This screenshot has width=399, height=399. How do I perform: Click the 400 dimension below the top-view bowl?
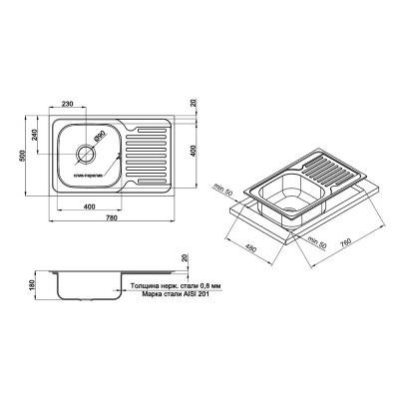[90, 207]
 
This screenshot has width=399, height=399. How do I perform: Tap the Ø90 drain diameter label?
[101, 137]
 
